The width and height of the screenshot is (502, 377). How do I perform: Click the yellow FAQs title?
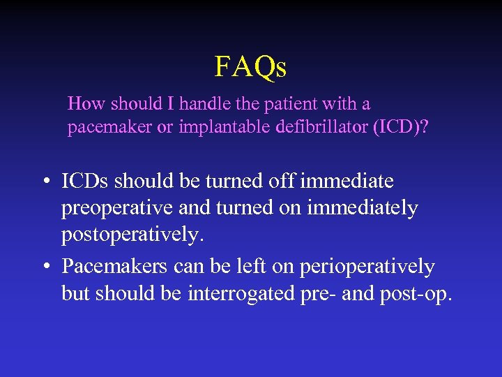pos(250,67)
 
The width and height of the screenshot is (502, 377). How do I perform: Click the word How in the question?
pos(85,104)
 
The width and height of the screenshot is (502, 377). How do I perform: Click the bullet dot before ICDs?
pos(45,183)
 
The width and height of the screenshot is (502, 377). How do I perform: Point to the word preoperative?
pos(119,209)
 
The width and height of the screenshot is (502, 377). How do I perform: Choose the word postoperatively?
pos(132,235)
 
